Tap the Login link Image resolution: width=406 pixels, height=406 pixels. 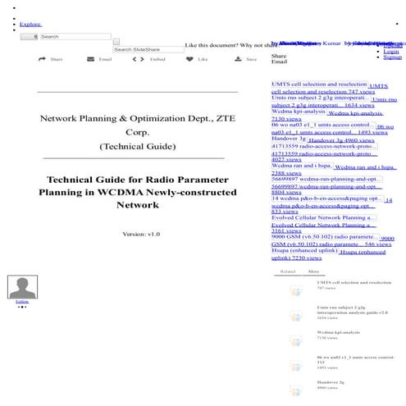point(390,51)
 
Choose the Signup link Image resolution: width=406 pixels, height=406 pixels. point(392,57)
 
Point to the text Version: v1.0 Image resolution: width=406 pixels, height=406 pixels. point(140,234)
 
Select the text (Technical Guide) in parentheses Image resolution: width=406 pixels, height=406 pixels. point(137,146)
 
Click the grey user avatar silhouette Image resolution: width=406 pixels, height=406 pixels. point(22,287)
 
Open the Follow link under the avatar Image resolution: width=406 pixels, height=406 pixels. point(22,302)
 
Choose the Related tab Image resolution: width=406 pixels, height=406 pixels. point(287,271)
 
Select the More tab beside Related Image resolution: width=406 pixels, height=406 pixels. point(313,271)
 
